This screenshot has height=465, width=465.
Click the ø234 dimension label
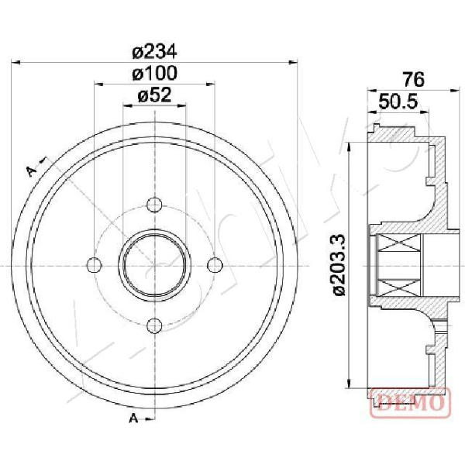pos(154,52)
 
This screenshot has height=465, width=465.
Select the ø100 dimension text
pos(154,74)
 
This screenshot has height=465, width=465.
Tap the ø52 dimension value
pos(154,95)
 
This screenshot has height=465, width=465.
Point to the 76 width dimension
pos(414,80)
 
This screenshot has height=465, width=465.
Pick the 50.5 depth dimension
pos(398,102)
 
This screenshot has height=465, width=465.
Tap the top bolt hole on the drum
pos(154,205)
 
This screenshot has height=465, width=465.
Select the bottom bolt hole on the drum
pos(154,325)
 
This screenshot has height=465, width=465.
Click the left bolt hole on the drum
pos(95,265)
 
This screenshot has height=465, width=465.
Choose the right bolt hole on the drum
pos(215,265)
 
